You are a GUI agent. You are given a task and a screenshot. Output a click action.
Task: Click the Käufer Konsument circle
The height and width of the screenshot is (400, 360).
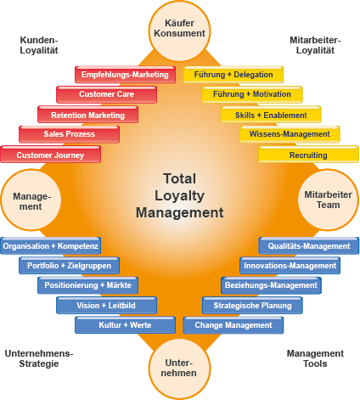[x=179, y=31]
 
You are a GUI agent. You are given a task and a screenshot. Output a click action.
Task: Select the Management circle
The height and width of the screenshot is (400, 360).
[x=31, y=200]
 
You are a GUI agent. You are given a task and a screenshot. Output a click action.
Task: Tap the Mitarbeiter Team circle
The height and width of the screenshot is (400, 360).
[x=329, y=200]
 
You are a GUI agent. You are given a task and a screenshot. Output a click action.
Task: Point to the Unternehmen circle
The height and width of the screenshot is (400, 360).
[x=179, y=369]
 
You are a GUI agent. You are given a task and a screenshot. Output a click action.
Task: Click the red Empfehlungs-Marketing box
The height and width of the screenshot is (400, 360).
[x=125, y=75]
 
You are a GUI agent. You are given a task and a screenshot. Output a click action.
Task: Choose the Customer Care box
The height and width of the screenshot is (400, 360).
[x=106, y=94]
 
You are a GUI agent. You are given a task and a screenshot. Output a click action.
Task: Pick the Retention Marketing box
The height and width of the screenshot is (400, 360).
[x=87, y=115]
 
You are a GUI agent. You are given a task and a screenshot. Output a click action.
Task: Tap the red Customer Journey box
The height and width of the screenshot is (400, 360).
[x=50, y=155]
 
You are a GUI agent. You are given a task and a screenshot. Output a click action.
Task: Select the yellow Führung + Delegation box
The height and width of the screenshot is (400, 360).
[x=233, y=75]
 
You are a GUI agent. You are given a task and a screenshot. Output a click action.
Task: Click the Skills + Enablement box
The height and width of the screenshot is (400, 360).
[x=271, y=115]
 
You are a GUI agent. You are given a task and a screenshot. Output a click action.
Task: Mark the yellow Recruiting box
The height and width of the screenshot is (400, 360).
[x=308, y=155]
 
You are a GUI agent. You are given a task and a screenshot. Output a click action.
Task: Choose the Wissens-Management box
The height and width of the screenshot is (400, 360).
[x=290, y=134]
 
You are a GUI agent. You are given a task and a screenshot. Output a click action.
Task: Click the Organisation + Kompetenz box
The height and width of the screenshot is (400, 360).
[x=50, y=245]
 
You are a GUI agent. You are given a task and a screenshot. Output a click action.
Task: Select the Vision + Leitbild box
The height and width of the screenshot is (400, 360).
[x=106, y=305]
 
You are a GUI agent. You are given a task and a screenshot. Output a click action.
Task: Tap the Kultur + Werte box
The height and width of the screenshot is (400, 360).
[x=125, y=325]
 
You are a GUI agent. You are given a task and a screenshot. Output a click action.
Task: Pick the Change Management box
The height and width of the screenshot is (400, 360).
[x=233, y=325]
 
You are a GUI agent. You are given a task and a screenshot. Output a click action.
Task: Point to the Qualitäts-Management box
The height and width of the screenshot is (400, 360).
[x=308, y=245]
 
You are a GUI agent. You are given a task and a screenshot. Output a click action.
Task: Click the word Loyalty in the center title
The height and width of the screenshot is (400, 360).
[x=179, y=196]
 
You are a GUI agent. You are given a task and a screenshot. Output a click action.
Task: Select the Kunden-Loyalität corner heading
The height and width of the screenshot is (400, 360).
[x=39, y=45]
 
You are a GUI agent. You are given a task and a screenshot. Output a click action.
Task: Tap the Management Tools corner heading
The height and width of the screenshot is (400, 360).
[x=315, y=358]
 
